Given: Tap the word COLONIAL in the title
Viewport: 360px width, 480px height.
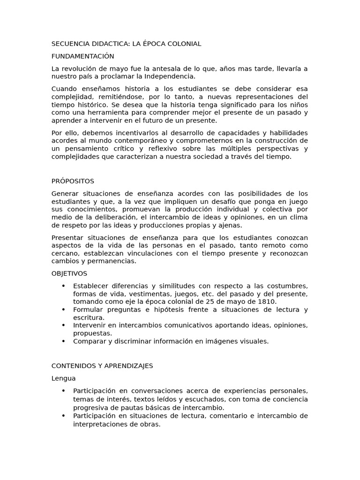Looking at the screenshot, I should (x=185, y=44).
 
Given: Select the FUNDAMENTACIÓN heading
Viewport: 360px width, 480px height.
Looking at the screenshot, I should (x=82, y=56).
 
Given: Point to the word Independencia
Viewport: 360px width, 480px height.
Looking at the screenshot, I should (x=171, y=76).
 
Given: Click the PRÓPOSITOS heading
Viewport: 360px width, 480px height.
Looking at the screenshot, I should (x=73, y=181).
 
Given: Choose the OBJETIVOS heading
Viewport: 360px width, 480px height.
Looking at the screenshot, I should (x=69, y=274).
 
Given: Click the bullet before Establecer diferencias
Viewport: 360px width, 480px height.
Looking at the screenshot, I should (x=63, y=286).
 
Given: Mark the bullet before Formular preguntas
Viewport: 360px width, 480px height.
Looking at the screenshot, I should (x=63, y=310).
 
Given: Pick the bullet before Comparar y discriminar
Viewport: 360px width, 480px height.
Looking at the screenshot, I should (x=63, y=341).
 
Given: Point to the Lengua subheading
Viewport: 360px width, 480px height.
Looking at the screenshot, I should (x=63, y=378).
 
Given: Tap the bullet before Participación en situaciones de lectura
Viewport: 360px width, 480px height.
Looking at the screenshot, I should (x=63, y=416).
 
